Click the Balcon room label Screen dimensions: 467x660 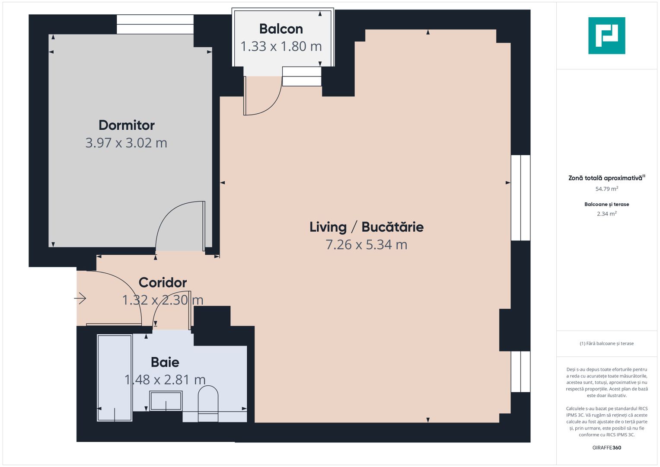click(x=281, y=29)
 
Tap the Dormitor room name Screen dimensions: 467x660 click(x=126, y=125)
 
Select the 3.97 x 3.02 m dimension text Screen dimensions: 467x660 click(x=126, y=143)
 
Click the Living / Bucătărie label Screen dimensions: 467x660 click(x=366, y=227)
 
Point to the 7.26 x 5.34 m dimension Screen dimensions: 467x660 click(x=366, y=245)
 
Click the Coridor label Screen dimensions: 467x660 click(x=163, y=282)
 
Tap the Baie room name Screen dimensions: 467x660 click(x=165, y=362)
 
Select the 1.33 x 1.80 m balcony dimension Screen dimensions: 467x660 click(x=281, y=46)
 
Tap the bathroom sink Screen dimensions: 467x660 click(x=166, y=401)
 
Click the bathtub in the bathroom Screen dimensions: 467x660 click(x=115, y=377)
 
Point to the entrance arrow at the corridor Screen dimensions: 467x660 click(x=80, y=298)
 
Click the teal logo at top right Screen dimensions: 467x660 click(x=606, y=35)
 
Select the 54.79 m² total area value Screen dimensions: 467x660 click(x=606, y=189)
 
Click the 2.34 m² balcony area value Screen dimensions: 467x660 click(x=606, y=214)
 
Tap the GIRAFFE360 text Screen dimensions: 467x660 click(x=606, y=448)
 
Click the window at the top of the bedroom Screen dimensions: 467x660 click(x=155, y=24)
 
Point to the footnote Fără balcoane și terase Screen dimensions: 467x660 click(x=606, y=343)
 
